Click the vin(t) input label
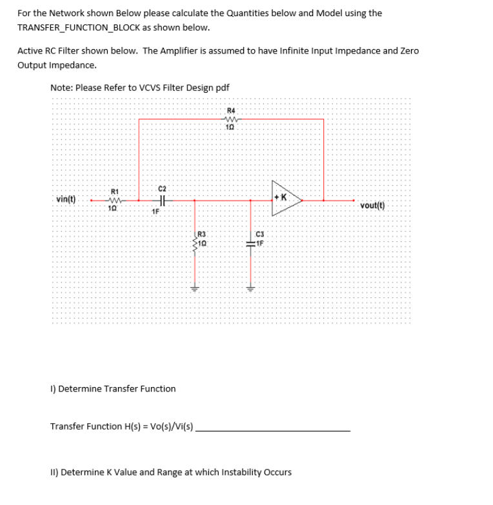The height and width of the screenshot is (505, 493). [65, 199]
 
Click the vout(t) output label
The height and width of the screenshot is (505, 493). [372, 206]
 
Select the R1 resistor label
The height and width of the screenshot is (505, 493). [114, 191]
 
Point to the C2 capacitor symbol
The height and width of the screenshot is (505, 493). [163, 201]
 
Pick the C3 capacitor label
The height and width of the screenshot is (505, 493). [261, 234]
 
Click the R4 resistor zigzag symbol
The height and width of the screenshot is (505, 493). [230, 119]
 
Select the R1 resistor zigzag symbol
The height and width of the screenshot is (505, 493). [114, 200]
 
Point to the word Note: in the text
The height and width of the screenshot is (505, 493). [61, 88]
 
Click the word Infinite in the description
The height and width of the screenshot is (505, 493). [292, 51]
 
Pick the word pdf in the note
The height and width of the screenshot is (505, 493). [221, 88]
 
